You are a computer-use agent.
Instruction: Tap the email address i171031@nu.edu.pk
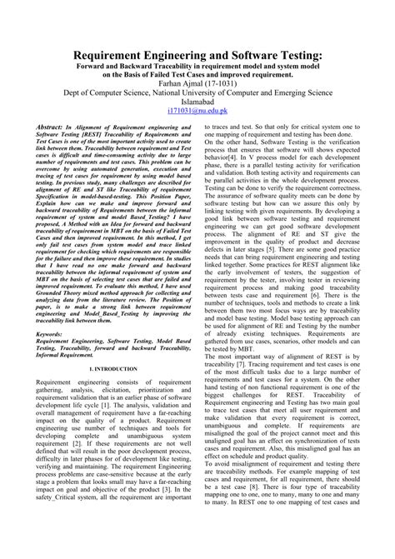click(x=197, y=109)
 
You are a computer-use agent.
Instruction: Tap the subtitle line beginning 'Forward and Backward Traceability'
click(x=197, y=66)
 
